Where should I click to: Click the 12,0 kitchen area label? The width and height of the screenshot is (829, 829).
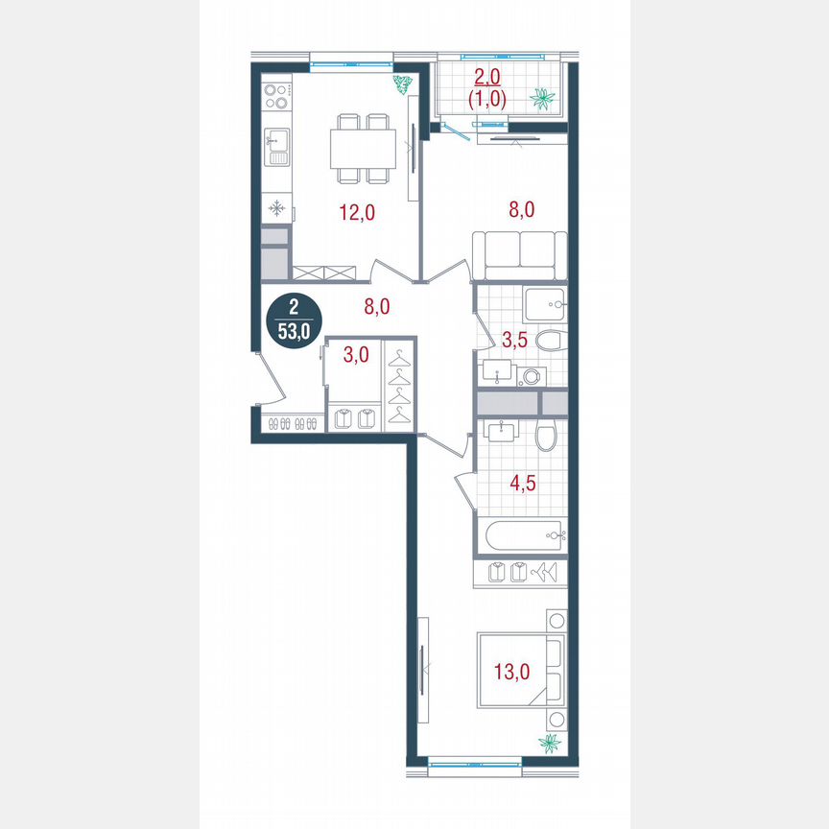pyautogui.click(x=356, y=213)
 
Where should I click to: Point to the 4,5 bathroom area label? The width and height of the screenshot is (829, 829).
pyautogui.click(x=520, y=482)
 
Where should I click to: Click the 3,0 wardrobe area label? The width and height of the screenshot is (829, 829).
pyautogui.click(x=356, y=355)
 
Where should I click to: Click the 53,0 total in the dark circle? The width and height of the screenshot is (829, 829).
pyautogui.click(x=293, y=333)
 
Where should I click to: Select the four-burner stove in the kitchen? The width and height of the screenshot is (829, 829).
pyautogui.click(x=276, y=96)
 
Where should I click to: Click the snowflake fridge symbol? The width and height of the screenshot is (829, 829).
pyautogui.click(x=275, y=207)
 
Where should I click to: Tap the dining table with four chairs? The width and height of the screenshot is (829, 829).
pyautogui.click(x=364, y=148)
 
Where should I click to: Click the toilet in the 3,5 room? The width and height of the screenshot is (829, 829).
pyautogui.click(x=549, y=343)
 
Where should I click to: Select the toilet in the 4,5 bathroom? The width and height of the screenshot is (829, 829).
pyautogui.click(x=546, y=438)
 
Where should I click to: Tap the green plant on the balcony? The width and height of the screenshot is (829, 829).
pyautogui.click(x=544, y=98)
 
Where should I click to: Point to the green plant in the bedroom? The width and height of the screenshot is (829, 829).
pyautogui.click(x=552, y=742)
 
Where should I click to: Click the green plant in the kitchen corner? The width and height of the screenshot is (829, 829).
pyautogui.click(x=402, y=83)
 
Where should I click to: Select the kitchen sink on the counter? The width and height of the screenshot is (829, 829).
pyautogui.click(x=276, y=147)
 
